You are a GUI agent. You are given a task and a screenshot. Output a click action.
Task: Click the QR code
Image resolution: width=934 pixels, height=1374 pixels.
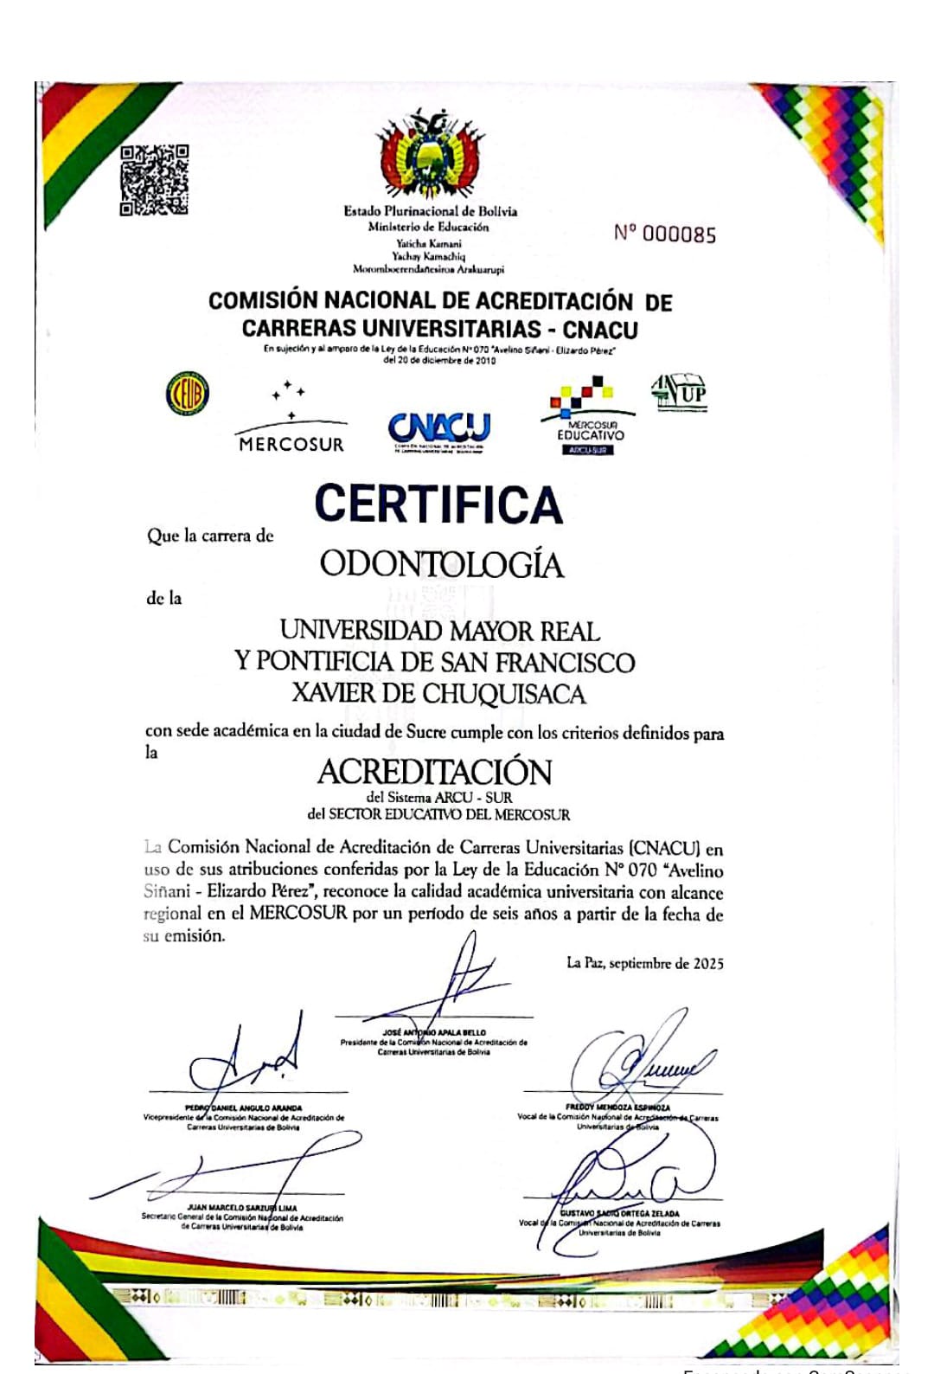[x=154, y=180]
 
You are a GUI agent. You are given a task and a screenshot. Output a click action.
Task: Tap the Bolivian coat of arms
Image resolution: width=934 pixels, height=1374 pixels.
[x=430, y=156]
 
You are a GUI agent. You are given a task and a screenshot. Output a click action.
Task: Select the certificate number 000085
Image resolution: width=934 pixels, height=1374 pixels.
[x=665, y=234]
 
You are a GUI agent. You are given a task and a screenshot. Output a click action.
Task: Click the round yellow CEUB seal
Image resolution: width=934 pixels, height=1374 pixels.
[x=188, y=394]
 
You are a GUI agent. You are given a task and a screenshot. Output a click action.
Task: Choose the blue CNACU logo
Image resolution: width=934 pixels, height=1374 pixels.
[x=439, y=430]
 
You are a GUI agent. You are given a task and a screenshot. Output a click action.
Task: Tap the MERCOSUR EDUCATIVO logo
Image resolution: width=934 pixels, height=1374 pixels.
[x=590, y=416]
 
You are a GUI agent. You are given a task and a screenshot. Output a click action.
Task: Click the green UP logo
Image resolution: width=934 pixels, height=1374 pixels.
[x=679, y=392]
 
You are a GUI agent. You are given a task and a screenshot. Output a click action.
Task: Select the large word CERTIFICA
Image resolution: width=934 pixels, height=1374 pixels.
[x=438, y=504]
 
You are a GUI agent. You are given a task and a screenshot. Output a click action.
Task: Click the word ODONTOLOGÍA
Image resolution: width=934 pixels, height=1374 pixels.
[x=441, y=564]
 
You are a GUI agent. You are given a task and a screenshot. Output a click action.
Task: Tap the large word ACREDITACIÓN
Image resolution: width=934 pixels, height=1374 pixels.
[x=434, y=771]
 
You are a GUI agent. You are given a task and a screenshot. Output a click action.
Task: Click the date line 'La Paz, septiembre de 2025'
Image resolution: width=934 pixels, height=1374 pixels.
[x=644, y=963]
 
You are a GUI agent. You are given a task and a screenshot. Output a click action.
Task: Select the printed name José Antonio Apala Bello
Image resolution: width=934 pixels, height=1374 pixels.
[x=434, y=1032]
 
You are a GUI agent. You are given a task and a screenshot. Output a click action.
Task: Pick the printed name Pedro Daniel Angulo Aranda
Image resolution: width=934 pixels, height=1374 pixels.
[x=243, y=1108]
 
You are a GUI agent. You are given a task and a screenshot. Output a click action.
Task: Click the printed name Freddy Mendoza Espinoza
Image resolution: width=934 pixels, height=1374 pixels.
[x=617, y=1107]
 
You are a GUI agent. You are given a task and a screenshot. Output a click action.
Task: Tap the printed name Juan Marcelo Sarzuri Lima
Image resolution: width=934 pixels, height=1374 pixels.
[x=241, y=1208]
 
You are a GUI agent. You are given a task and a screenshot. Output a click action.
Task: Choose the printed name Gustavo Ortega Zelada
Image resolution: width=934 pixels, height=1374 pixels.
[x=619, y=1213]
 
